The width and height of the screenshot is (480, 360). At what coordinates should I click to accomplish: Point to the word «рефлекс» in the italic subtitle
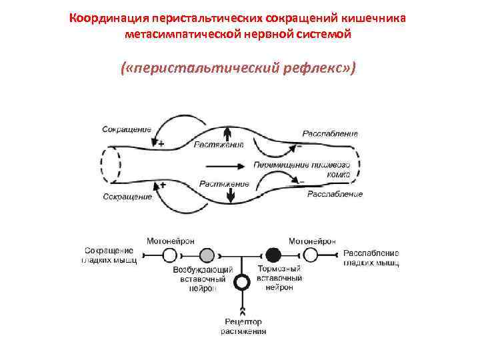[309, 69]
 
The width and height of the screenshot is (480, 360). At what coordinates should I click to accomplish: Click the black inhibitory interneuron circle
[273, 254]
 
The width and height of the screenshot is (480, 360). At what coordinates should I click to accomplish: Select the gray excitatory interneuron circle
[207, 254]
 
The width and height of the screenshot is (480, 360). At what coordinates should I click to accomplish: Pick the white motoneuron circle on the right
[310, 254]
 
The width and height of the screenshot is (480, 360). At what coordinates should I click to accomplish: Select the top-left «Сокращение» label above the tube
[126, 129]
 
